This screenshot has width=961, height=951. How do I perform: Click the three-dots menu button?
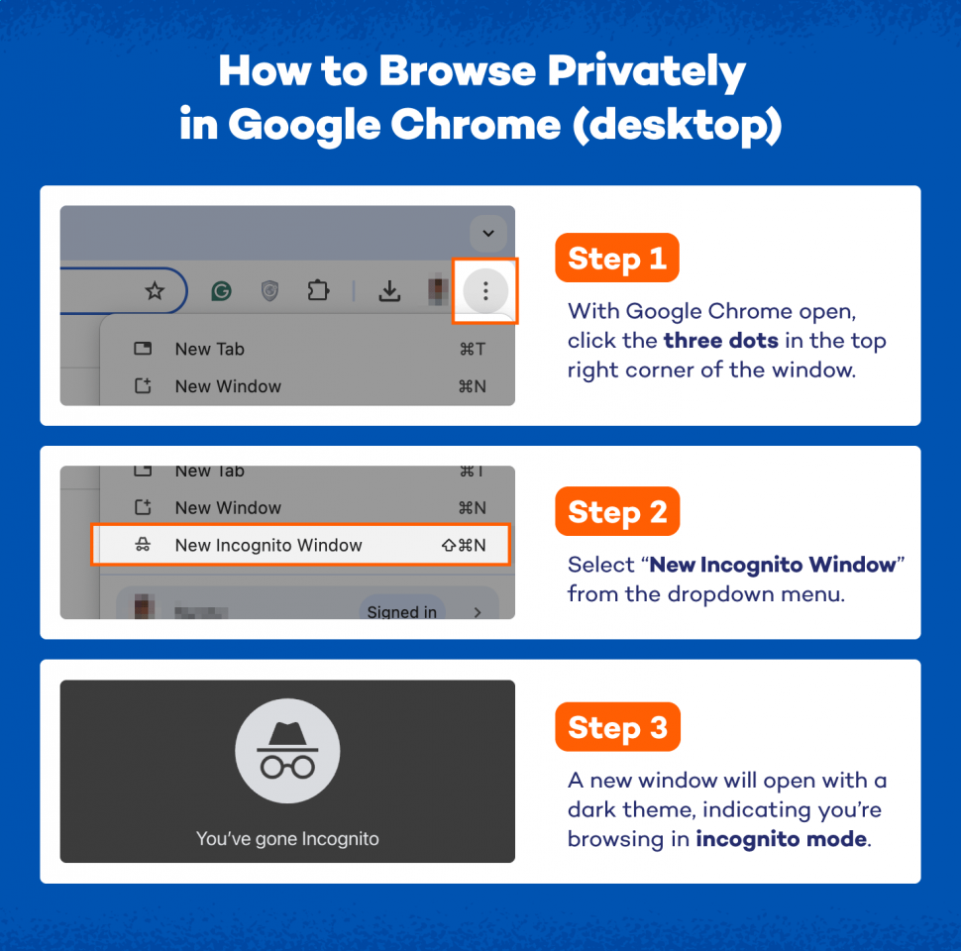point(485,290)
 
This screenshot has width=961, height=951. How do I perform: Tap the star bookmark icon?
point(155,290)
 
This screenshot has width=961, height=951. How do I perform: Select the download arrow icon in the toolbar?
point(390,290)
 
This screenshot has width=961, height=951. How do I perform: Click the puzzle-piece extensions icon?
point(318,290)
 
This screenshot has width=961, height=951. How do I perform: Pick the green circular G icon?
point(222,290)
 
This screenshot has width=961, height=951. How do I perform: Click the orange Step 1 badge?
point(616,259)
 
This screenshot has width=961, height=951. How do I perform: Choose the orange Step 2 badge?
point(616,512)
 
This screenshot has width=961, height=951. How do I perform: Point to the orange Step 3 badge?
point(616,727)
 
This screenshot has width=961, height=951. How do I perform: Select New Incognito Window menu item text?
point(268,545)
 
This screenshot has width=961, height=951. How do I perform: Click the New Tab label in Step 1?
point(209,349)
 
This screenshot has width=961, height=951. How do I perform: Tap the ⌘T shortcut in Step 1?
point(473,349)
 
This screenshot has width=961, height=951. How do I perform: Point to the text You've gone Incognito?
point(287,839)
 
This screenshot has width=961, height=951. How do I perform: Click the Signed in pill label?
point(401,612)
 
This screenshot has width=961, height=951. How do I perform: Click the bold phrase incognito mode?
point(782,839)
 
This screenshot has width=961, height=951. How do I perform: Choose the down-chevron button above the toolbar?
point(487,234)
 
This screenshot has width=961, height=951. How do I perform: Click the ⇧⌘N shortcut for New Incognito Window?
point(464,545)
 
